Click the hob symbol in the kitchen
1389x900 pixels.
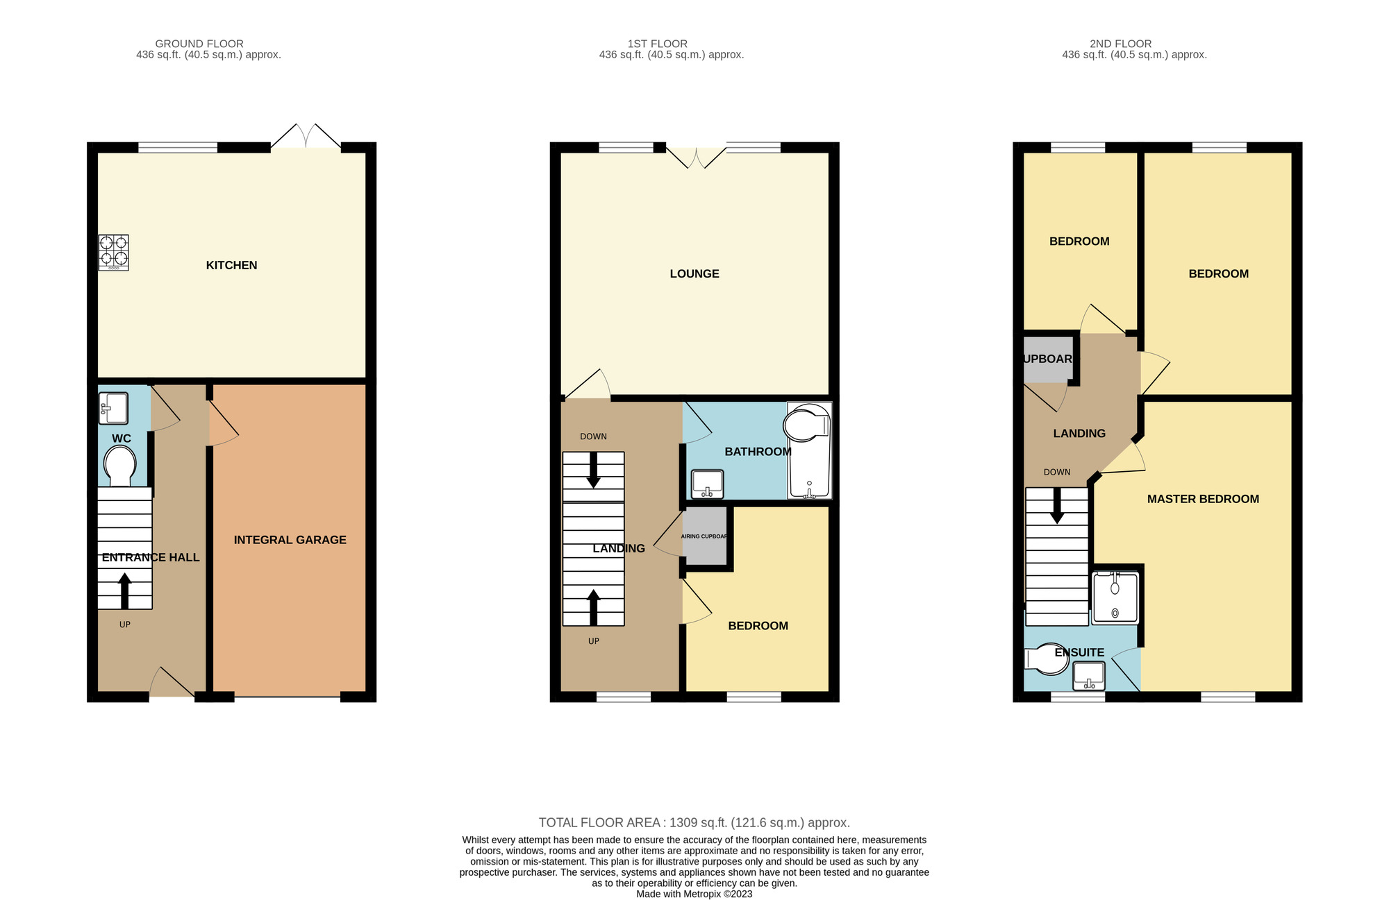(x=113, y=252)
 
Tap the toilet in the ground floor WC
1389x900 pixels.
(x=120, y=466)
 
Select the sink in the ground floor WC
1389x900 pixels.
(x=113, y=408)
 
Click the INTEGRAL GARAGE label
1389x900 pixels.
(x=290, y=540)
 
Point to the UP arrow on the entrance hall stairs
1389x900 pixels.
(x=125, y=591)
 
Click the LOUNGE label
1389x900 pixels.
(x=694, y=274)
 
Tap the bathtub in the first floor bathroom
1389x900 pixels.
(x=809, y=451)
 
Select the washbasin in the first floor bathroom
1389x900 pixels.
(x=708, y=484)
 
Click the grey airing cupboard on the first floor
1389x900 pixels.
(x=704, y=536)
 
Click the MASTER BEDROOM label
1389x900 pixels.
(x=1202, y=499)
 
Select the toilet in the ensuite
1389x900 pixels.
(x=1047, y=659)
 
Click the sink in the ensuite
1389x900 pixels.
(x=1088, y=676)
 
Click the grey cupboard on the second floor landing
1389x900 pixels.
(x=1047, y=359)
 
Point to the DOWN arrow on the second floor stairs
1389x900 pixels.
(x=1056, y=506)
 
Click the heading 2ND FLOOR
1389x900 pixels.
(x=1120, y=44)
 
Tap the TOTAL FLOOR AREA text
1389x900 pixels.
(x=694, y=823)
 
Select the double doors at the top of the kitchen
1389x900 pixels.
(x=306, y=137)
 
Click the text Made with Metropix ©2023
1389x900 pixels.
(x=694, y=894)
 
